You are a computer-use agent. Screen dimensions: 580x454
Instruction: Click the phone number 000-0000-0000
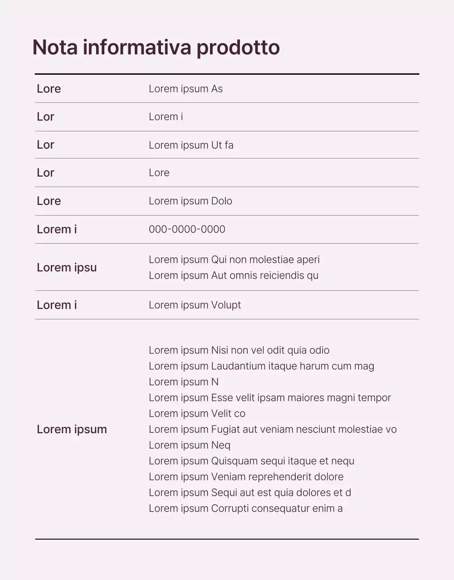[x=187, y=229]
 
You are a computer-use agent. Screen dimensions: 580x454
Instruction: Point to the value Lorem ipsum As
[x=186, y=89]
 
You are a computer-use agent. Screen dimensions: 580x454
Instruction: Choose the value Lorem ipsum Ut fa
[x=191, y=145]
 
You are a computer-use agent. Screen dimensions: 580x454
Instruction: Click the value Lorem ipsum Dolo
[x=190, y=201]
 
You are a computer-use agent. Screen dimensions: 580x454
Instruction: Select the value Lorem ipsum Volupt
[x=195, y=305]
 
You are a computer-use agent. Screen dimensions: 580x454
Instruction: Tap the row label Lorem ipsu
[x=67, y=267]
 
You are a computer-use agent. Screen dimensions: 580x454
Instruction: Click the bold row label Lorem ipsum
[x=72, y=429]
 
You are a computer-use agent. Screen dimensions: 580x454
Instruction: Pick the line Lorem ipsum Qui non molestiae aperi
[x=234, y=260]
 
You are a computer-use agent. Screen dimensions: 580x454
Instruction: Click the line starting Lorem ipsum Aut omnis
[x=234, y=275]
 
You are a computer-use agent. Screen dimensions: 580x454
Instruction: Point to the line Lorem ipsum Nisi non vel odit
[x=239, y=350]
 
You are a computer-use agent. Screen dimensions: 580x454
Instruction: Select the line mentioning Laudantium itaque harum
[x=261, y=366]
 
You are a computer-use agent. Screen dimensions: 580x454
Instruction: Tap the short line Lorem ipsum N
[x=184, y=382]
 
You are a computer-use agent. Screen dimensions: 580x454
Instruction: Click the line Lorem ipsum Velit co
[x=197, y=414]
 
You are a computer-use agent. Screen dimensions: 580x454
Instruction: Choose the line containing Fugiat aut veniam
[x=273, y=430]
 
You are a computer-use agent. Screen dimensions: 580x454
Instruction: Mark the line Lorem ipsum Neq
[x=190, y=445]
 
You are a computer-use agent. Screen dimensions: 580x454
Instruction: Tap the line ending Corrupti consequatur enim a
[x=245, y=508]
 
